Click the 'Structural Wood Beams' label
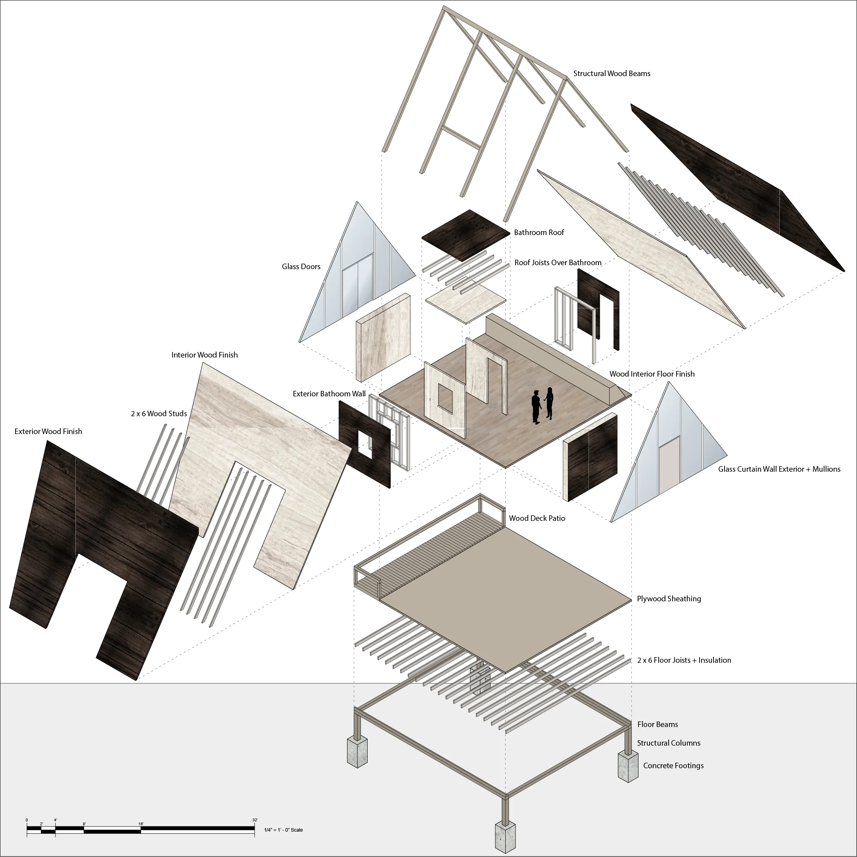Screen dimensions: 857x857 pyautogui.click(x=612, y=74)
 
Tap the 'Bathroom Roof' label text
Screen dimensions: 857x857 pyautogui.click(x=539, y=232)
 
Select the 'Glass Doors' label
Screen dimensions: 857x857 pyautogui.click(x=301, y=267)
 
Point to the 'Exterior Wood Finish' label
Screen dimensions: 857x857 pyautogui.click(x=48, y=432)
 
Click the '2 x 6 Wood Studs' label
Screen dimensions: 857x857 pyautogui.click(x=159, y=414)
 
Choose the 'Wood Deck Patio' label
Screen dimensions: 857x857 pyautogui.click(x=537, y=518)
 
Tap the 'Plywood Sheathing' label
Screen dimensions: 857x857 pyautogui.click(x=669, y=599)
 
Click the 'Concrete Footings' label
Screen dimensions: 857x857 pyautogui.click(x=673, y=765)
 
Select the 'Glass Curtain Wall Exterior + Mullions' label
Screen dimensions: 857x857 pyautogui.click(x=779, y=469)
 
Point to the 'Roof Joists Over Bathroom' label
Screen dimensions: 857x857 pyautogui.click(x=558, y=262)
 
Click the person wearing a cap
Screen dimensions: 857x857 pyautogui.click(x=536, y=407)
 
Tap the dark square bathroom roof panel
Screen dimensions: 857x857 pyautogui.click(x=466, y=235)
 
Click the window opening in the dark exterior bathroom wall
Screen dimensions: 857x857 pyautogui.click(x=365, y=444)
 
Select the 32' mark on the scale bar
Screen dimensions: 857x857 pyautogui.click(x=255, y=820)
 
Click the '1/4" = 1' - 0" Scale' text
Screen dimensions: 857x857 pyautogui.click(x=283, y=830)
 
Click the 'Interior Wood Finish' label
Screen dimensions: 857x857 pyautogui.click(x=205, y=355)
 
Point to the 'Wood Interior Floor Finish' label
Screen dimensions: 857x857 pyautogui.click(x=652, y=374)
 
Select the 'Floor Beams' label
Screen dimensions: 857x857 pyautogui.click(x=657, y=724)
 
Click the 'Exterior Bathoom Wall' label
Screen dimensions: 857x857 pyautogui.click(x=329, y=394)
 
